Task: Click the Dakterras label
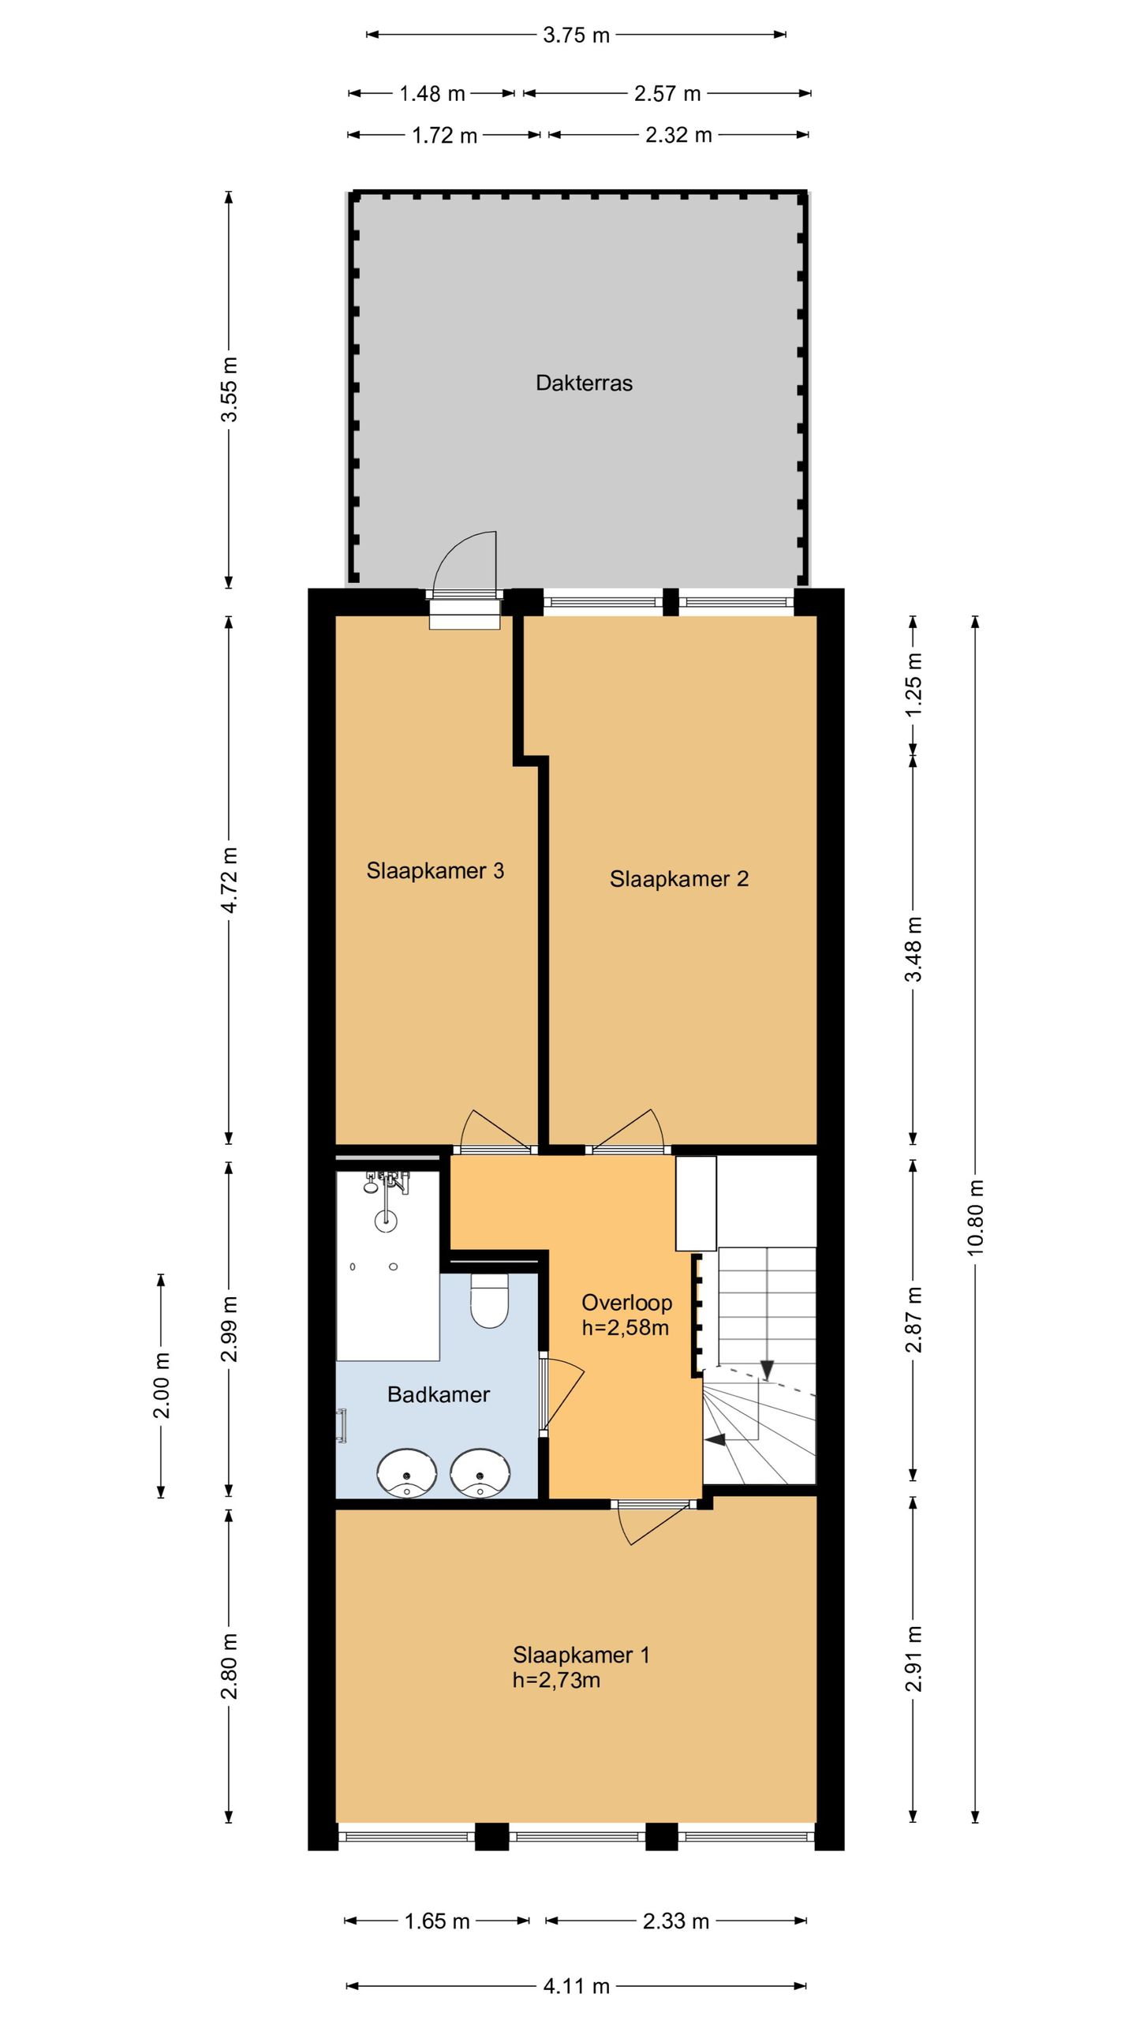coord(584,383)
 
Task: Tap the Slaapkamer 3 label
coord(435,871)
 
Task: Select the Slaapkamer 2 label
coord(679,879)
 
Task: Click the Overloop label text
coord(626,1303)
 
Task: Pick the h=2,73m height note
coord(556,1681)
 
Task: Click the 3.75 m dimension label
coord(577,36)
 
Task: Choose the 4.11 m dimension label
coord(577,1986)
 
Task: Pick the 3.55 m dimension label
coord(229,390)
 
